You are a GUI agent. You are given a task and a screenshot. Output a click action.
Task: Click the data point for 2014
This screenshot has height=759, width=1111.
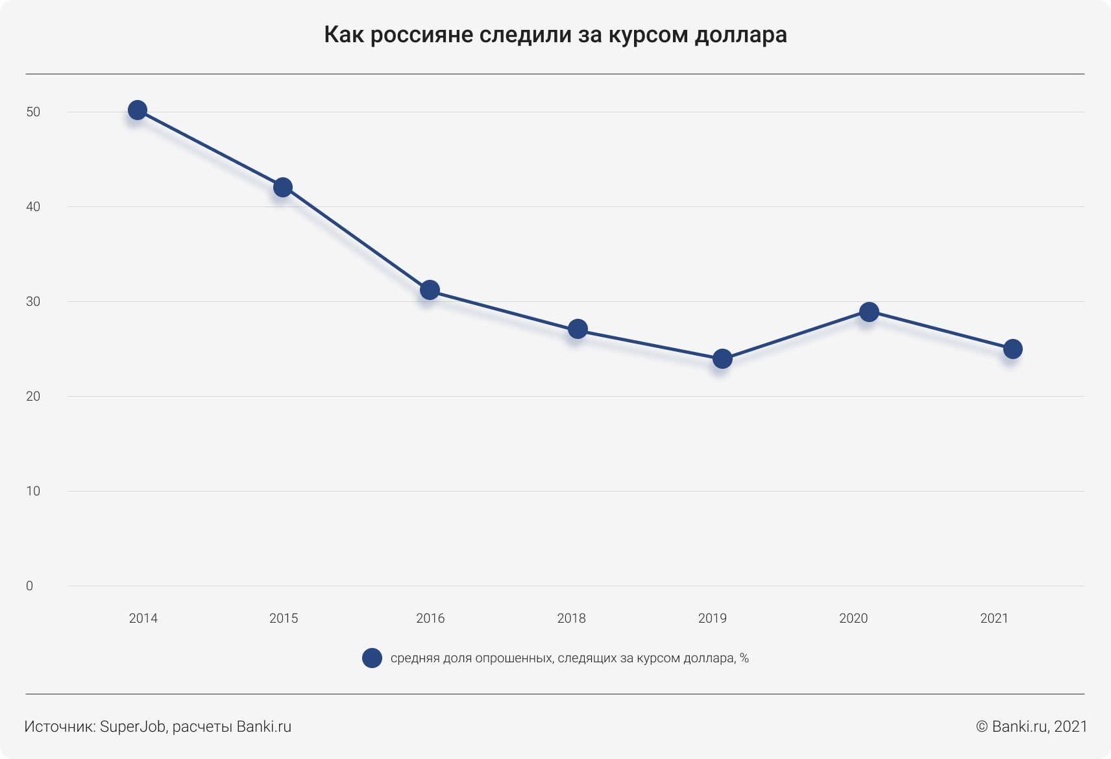(x=137, y=110)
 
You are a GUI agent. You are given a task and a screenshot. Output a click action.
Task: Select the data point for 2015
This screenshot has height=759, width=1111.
(x=282, y=188)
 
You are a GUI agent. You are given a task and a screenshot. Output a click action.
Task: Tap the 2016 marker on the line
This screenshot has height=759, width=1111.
(x=430, y=290)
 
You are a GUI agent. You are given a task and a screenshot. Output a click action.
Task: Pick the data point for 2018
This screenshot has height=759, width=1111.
(x=578, y=329)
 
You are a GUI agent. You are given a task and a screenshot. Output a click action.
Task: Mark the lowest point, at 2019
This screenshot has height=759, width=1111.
(x=722, y=358)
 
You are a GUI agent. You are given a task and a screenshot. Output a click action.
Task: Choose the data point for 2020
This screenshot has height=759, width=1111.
(x=869, y=312)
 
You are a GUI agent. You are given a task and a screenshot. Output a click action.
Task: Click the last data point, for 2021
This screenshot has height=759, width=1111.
(x=1012, y=349)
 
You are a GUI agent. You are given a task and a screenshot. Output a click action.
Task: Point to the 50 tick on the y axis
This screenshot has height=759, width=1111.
(x=33, y=112)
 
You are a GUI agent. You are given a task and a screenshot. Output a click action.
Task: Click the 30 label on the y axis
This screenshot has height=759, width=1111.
(x=33, y=302)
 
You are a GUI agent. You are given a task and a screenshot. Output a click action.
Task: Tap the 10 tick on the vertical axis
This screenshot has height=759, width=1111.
(x=33, y=491)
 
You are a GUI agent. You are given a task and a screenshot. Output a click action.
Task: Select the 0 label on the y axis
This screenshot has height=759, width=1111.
(x=30, y=586)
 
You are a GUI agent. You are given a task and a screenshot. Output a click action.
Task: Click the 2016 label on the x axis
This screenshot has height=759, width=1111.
(x=430, y=619)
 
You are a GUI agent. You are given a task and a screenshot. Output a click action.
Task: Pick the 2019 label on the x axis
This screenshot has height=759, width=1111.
(x=713, y=619)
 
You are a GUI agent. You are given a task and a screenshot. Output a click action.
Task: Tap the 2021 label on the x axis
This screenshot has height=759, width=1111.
(x=994, y=619)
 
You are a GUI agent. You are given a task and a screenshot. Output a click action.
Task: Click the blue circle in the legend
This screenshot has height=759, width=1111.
(x=372, y=658)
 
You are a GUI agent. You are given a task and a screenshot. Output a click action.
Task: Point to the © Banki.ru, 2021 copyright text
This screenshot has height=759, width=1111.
(x=1031, y=727)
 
